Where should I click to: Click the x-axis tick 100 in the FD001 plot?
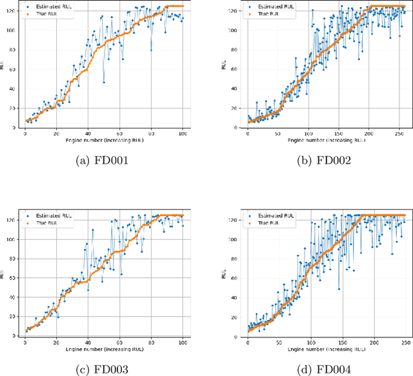[x=183, y=133]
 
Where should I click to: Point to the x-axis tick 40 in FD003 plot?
[x=88, y=341]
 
